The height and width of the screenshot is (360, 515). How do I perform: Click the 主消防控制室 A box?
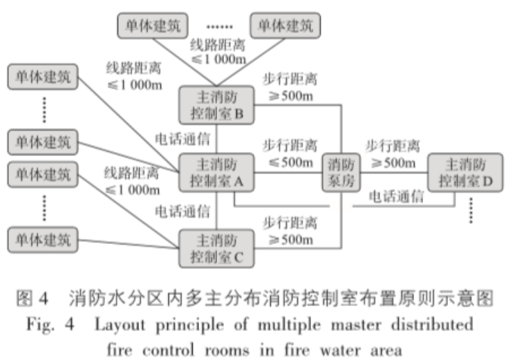pyautogui.click(x=216, y=173)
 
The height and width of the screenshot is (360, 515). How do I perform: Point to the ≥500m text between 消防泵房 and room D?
pyautogui.click(x=393, y=163)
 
